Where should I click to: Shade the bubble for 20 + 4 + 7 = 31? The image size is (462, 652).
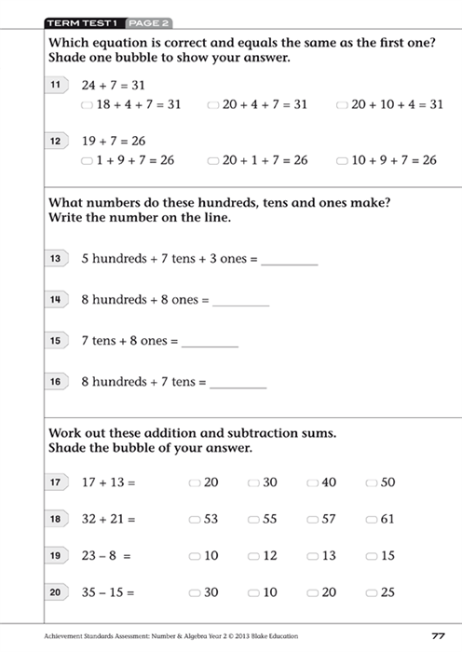coord(213,105)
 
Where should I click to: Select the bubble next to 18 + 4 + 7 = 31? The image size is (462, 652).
coord(87,105)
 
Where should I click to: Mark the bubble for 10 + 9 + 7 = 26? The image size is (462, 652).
coord(342,160)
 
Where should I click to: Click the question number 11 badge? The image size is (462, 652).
coord(56,85)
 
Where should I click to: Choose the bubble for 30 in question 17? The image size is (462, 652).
coord(253,482)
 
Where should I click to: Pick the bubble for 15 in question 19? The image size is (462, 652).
coord(372,556)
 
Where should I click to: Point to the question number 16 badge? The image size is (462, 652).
coord(56,381)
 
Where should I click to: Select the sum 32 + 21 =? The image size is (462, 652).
coord(108,519)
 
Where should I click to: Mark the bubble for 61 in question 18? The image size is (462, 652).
coord(372,519)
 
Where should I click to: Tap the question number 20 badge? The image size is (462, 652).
coord(56,591)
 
